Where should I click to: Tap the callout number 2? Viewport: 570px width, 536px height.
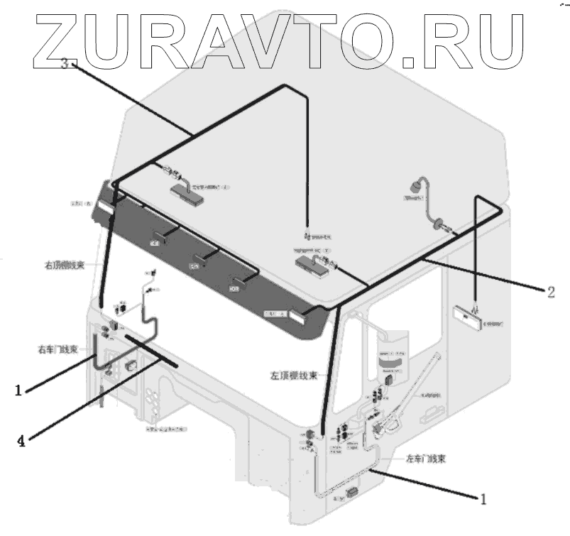pos(550,291)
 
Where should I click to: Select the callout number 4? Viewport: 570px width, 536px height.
pos(21,441)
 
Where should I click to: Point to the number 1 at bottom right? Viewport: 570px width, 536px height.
pos(483,499)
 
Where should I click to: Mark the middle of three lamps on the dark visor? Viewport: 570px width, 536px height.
pos(195,264)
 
